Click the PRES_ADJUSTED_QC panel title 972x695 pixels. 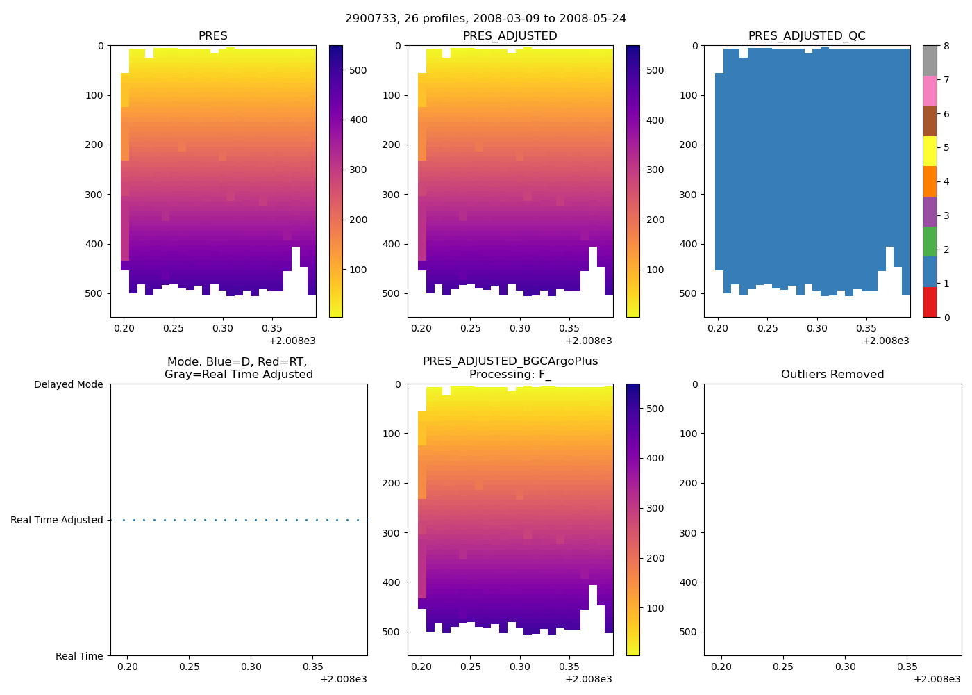coord(807,36)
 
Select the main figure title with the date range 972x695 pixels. coord(485,19)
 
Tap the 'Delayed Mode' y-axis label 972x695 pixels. coord(68,384)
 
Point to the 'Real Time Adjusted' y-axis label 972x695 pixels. coord(57,520)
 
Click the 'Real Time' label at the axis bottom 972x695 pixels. coord(79,656)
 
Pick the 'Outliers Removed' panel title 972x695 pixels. coord(832,375)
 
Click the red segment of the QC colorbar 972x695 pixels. coord(930,302)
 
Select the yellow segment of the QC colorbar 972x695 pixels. coord(930,151)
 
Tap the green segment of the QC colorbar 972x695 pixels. coord(930,241)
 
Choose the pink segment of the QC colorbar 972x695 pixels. coord(930,90)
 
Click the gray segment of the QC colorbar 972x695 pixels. coord(930,60)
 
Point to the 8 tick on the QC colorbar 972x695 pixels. coord(946,46)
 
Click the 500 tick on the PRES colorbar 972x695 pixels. coord(358,70)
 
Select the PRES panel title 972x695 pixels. coord(213,36)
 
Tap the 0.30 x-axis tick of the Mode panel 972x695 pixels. coord(251,667)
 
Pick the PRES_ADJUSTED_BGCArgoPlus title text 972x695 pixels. coord(510,361)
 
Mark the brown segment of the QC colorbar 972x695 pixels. coord(930,121)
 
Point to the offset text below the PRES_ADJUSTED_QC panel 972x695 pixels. coord(886,341)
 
